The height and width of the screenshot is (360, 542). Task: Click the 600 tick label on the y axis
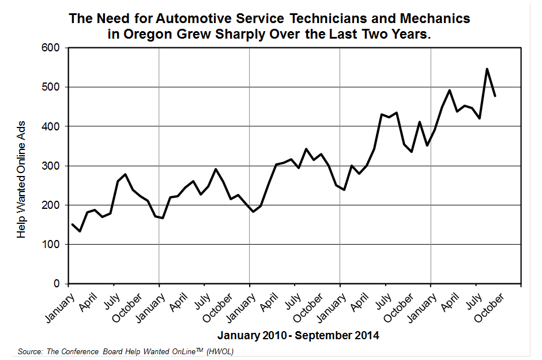[x=52, y=48]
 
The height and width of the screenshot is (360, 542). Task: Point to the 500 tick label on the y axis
[x=52, y=87]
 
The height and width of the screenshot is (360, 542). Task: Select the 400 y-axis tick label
[x=52, y=126]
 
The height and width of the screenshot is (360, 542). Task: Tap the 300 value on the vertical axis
[x=52, y=166]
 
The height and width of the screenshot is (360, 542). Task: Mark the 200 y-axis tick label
[x=52, y=205]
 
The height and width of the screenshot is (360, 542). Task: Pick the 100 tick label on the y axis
[x=52, y=245]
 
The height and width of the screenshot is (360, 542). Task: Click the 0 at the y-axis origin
[x=57, y=284]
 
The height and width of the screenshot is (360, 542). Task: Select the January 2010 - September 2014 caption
[x=298, y=335]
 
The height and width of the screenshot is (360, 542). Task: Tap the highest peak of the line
[x=487, y=69]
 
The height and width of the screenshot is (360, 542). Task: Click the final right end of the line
[x=495, y=96]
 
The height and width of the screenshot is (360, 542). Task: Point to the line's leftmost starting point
[x=72, y=224]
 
